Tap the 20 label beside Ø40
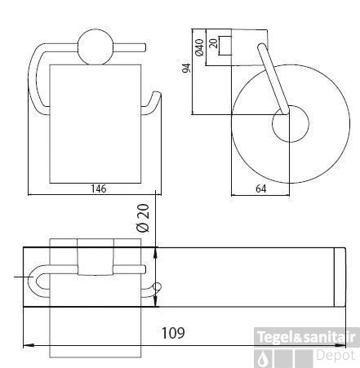(214, 44)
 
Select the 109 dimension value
(171, 333)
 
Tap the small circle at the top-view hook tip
(158, 286)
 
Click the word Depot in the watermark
(336, 357)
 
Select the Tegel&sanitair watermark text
(307, 336)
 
